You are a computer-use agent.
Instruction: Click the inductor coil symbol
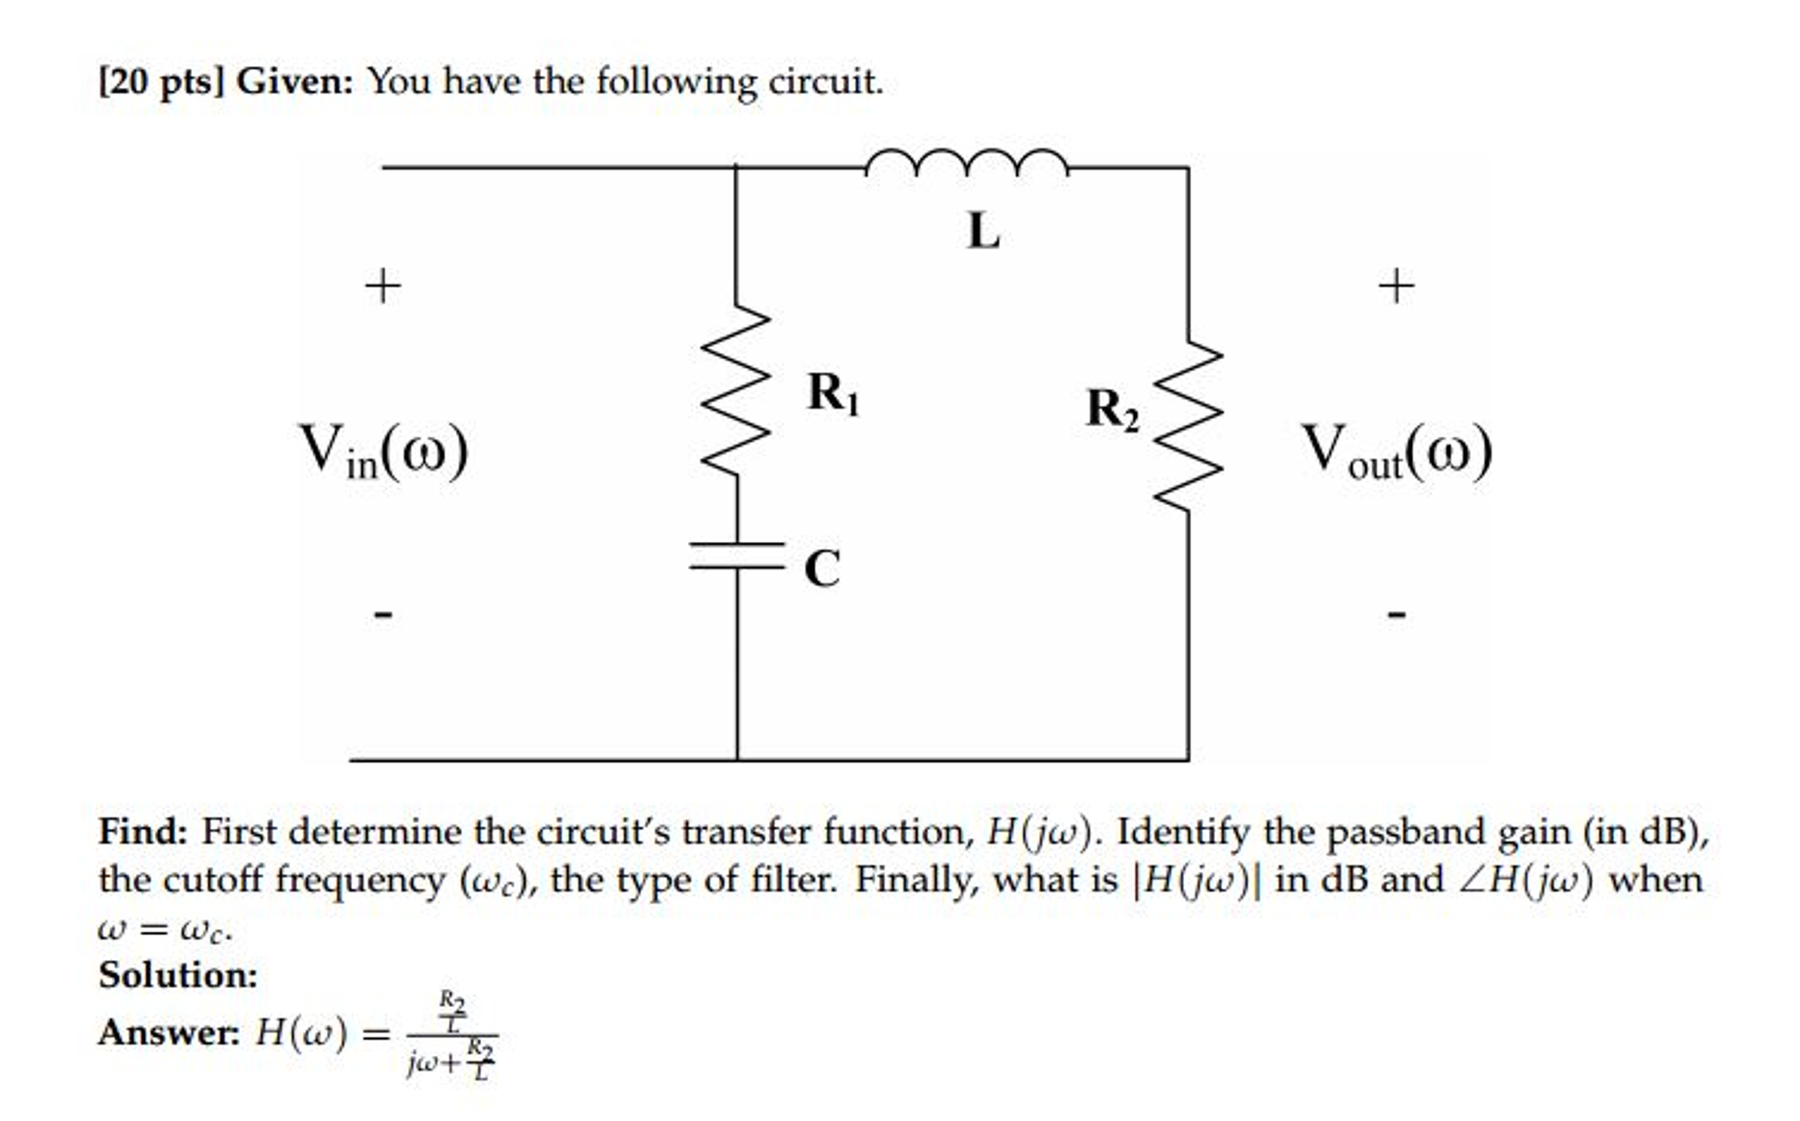click(966, 163)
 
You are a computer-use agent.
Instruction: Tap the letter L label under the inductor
click(983, 232)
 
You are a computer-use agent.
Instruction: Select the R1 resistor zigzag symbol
click(736, 391)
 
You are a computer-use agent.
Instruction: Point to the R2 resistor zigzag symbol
click(1189, 426)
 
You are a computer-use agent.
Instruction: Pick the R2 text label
click(1112, 409)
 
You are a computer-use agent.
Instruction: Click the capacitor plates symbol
click(736, 556)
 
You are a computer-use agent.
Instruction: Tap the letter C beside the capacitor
click(822, 568)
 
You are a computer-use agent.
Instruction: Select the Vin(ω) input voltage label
click(384, 451)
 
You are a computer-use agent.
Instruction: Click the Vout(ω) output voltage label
click(1396, 451)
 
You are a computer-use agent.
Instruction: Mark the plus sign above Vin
click(383, 287)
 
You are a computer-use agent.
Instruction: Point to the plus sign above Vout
click(1396, 287)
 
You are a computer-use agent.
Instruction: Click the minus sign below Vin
click(383, 613)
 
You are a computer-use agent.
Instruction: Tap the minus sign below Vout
click(1396, 613)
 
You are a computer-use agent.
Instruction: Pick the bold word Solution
click(178, 975)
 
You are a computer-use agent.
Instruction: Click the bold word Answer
click(168, 1033)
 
